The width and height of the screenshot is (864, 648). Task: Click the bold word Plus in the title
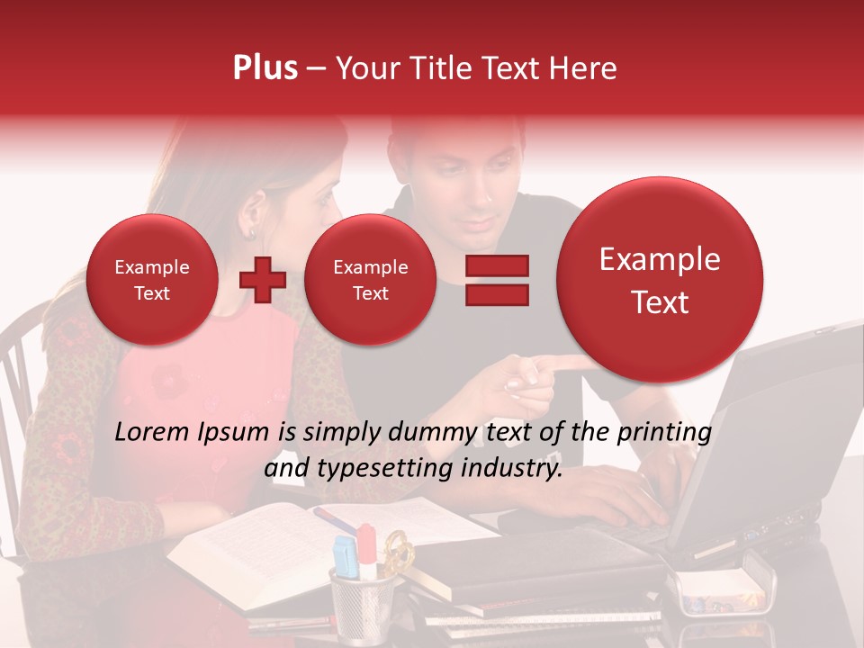[265, 68]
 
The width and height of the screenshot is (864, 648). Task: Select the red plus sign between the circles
[263, 280]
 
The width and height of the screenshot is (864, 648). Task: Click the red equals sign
[497, 280]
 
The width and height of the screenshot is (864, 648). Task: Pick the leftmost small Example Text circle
[151, 280]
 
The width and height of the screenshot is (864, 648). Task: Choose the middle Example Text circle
[370, 280]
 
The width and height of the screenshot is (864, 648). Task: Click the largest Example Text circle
[660, 280]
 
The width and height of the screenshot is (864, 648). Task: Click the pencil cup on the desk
[362, 598]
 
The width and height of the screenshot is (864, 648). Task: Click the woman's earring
[251, 234]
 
